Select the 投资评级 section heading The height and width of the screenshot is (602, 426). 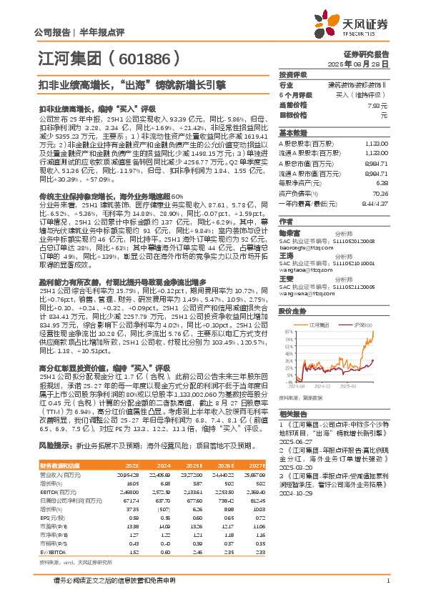pos(293,74)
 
